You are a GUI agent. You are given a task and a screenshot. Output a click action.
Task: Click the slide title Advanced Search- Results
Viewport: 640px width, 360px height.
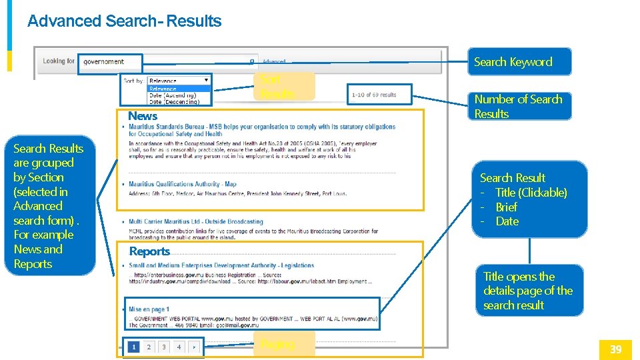124,21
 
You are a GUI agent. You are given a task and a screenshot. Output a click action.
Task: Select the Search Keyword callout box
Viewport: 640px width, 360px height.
513,62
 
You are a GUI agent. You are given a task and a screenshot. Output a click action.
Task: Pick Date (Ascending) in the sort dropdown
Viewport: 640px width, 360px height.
172,95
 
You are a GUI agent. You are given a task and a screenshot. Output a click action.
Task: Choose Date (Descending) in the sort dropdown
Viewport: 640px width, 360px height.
173,102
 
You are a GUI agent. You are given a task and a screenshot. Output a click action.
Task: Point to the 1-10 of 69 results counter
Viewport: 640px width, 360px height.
374,95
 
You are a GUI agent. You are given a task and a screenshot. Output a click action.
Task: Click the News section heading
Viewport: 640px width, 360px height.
143,117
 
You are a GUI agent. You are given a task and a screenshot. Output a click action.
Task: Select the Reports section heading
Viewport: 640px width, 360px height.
149,251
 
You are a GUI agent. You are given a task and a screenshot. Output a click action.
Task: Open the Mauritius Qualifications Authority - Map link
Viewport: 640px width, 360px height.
183,184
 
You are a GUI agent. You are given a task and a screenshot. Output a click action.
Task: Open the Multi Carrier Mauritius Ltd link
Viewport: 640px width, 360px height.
196,221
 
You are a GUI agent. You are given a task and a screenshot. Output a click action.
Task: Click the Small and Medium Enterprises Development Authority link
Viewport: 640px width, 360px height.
221,265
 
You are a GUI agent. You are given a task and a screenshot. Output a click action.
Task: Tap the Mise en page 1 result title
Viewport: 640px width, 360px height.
149,309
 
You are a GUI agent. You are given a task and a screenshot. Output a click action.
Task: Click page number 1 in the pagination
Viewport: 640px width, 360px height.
134,347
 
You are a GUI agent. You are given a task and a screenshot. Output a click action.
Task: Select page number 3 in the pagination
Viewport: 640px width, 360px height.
164,347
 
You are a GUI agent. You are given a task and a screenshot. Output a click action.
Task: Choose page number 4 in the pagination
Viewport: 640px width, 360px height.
179,347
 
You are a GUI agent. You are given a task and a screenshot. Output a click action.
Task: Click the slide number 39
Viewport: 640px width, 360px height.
615,349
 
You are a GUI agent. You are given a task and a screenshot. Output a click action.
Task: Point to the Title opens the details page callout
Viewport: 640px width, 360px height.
528,291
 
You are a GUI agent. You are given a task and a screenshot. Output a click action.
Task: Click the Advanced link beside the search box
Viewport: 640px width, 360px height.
273,62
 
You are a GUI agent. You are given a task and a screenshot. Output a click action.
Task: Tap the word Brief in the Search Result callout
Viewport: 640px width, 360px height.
507,207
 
